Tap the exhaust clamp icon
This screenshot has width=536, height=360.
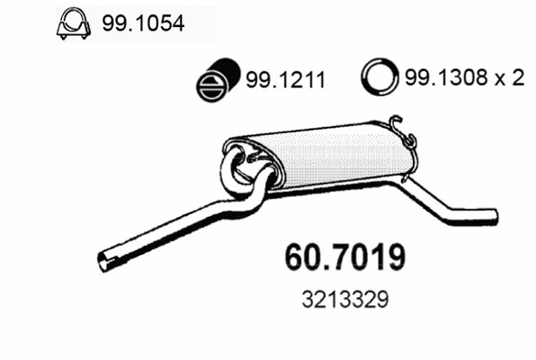(x=73, y=24)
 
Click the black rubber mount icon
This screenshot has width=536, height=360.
(x=215, y=80)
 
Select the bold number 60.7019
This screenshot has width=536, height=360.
(x=344, y=256)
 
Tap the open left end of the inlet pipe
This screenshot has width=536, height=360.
(x=104, y=262)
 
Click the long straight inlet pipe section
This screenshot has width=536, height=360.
(x=171, y=232)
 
